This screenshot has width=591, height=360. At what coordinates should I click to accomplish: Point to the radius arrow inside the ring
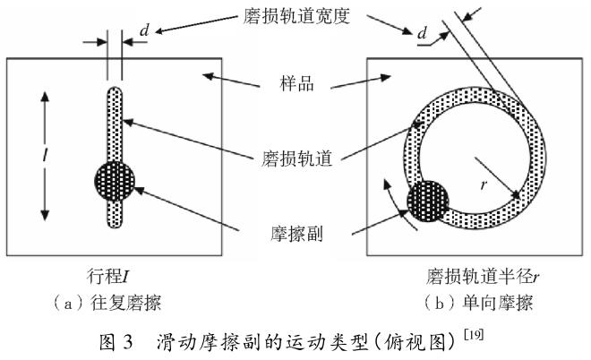click(x=497, y=177)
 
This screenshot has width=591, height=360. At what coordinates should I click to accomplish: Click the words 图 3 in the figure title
click(x=123, y=342)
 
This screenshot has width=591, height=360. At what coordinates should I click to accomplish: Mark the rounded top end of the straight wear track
click(x=114, y=90)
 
